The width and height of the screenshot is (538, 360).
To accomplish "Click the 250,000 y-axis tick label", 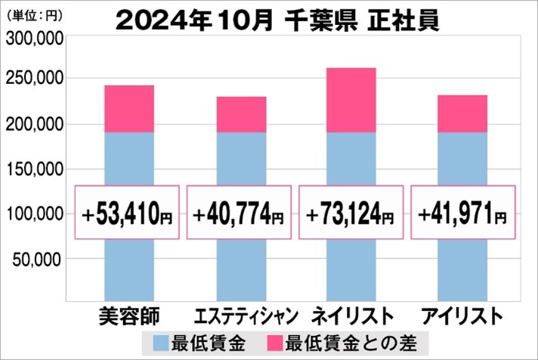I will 32,79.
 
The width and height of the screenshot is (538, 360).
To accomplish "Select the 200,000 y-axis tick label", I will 32,124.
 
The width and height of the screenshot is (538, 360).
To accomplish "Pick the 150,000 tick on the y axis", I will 32,169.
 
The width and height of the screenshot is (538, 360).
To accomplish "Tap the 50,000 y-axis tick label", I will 36,259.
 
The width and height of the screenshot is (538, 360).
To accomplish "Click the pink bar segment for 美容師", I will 128,109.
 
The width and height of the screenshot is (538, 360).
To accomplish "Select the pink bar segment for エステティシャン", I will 241,114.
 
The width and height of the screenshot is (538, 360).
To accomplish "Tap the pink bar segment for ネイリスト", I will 351,100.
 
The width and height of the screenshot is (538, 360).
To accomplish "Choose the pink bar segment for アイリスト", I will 462,113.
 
